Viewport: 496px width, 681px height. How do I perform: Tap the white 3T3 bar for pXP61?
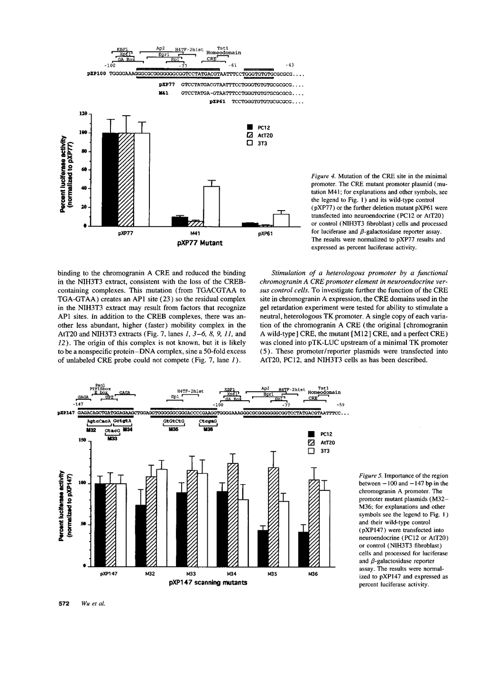pyautogui.click(x=281, y=221)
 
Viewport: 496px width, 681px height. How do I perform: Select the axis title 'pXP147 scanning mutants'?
pyautogui.click(x=208, y=583)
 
